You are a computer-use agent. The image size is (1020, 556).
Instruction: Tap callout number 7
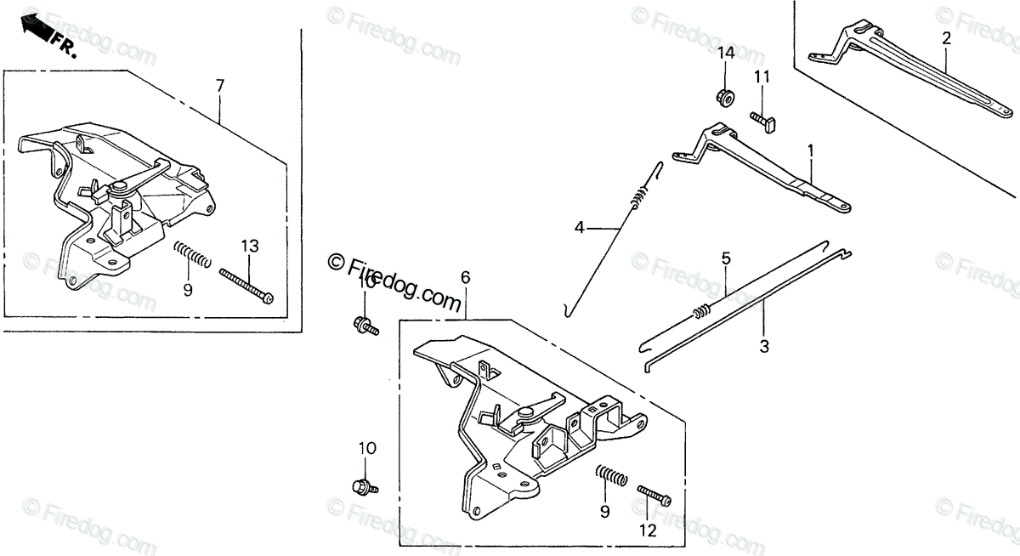[219, 85]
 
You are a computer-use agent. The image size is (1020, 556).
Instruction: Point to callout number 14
[725, 54]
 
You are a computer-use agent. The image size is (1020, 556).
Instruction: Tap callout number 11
[762, 77]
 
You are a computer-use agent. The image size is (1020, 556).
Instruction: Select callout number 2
[946, 37]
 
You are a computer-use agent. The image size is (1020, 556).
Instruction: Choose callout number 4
[579, 227]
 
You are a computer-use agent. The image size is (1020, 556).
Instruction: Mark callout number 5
[725, 257]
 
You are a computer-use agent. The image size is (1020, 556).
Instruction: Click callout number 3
[763, 346]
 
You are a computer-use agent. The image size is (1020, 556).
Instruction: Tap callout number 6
[465, 277]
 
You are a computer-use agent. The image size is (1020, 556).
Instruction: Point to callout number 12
[648, 530]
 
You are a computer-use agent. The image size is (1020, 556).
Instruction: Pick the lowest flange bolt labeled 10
[364, 486]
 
